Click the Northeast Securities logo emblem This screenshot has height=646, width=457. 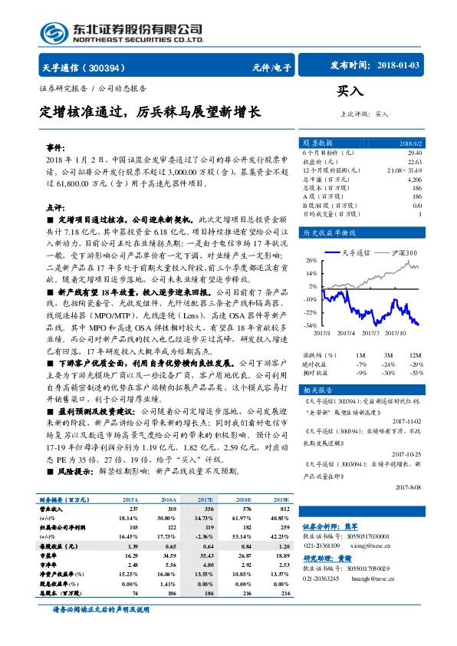click(x=54, y=31)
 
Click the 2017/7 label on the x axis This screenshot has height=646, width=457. click(x=369, y=333)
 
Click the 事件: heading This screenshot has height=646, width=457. click(x=54, y=145)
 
